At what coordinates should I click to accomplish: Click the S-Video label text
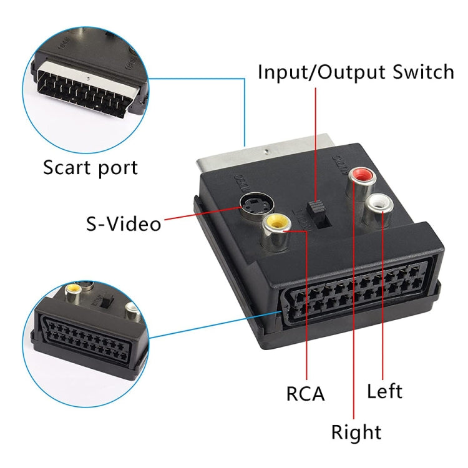(x=124, y=223)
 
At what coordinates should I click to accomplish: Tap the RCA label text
(x=305, y=394)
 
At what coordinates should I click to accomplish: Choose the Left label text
(x=384, y=391)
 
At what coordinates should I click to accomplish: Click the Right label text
(x=356, y=431)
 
